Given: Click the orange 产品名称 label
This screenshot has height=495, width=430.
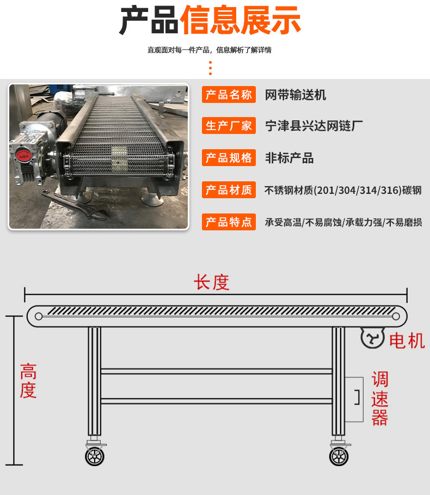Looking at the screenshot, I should click(x=229, y=95).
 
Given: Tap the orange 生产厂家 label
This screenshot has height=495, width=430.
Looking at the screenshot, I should click(x=229, y=126).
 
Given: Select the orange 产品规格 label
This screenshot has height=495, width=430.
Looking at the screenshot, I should click(x=229, y=158).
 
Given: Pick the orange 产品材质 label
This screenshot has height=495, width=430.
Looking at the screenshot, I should click(x=229, y=190).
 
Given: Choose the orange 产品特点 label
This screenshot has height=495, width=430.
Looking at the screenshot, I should click(x=229, y=222).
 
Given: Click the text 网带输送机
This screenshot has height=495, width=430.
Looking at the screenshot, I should click(x=296, y=95).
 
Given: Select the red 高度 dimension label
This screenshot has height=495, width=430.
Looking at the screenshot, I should click(x=28, y=381).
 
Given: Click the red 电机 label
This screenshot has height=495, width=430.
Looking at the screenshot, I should click(x=407, y=341).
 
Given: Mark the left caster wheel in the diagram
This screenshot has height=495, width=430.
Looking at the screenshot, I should click(x=95, y=456).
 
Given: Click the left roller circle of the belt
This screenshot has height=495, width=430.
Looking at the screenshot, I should click(x=39, y=316).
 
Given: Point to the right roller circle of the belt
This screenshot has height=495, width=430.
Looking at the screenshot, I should click(x=396, y=316).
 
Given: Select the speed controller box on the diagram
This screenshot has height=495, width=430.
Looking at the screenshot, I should click(x=354, y=399).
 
